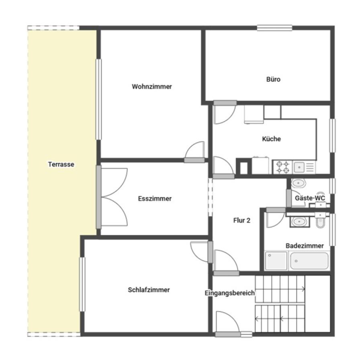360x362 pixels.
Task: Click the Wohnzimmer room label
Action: coord(152,86)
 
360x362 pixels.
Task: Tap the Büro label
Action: coord(273,79)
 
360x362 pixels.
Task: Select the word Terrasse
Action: coord(61,164)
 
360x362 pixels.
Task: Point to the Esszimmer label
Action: coord(155,199)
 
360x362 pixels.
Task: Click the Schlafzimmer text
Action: coord(149,290)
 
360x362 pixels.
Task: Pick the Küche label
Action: coord(272,139)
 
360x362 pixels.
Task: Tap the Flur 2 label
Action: coord(242,220)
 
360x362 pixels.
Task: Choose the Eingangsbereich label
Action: coord(230,293)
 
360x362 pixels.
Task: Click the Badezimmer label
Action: coord(305,246)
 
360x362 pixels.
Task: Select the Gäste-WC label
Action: coord(310,198)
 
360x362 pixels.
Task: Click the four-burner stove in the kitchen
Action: coord(282,167)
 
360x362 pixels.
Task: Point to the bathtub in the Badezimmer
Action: coord(309,261)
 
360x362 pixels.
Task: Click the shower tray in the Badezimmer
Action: coord(276,261)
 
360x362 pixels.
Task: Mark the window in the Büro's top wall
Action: coord(274,28)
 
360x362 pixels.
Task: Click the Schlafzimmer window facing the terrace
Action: coord(82,284)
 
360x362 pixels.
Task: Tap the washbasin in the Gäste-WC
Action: coord(299,183)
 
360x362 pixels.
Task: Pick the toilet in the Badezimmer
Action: coord(320,220)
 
